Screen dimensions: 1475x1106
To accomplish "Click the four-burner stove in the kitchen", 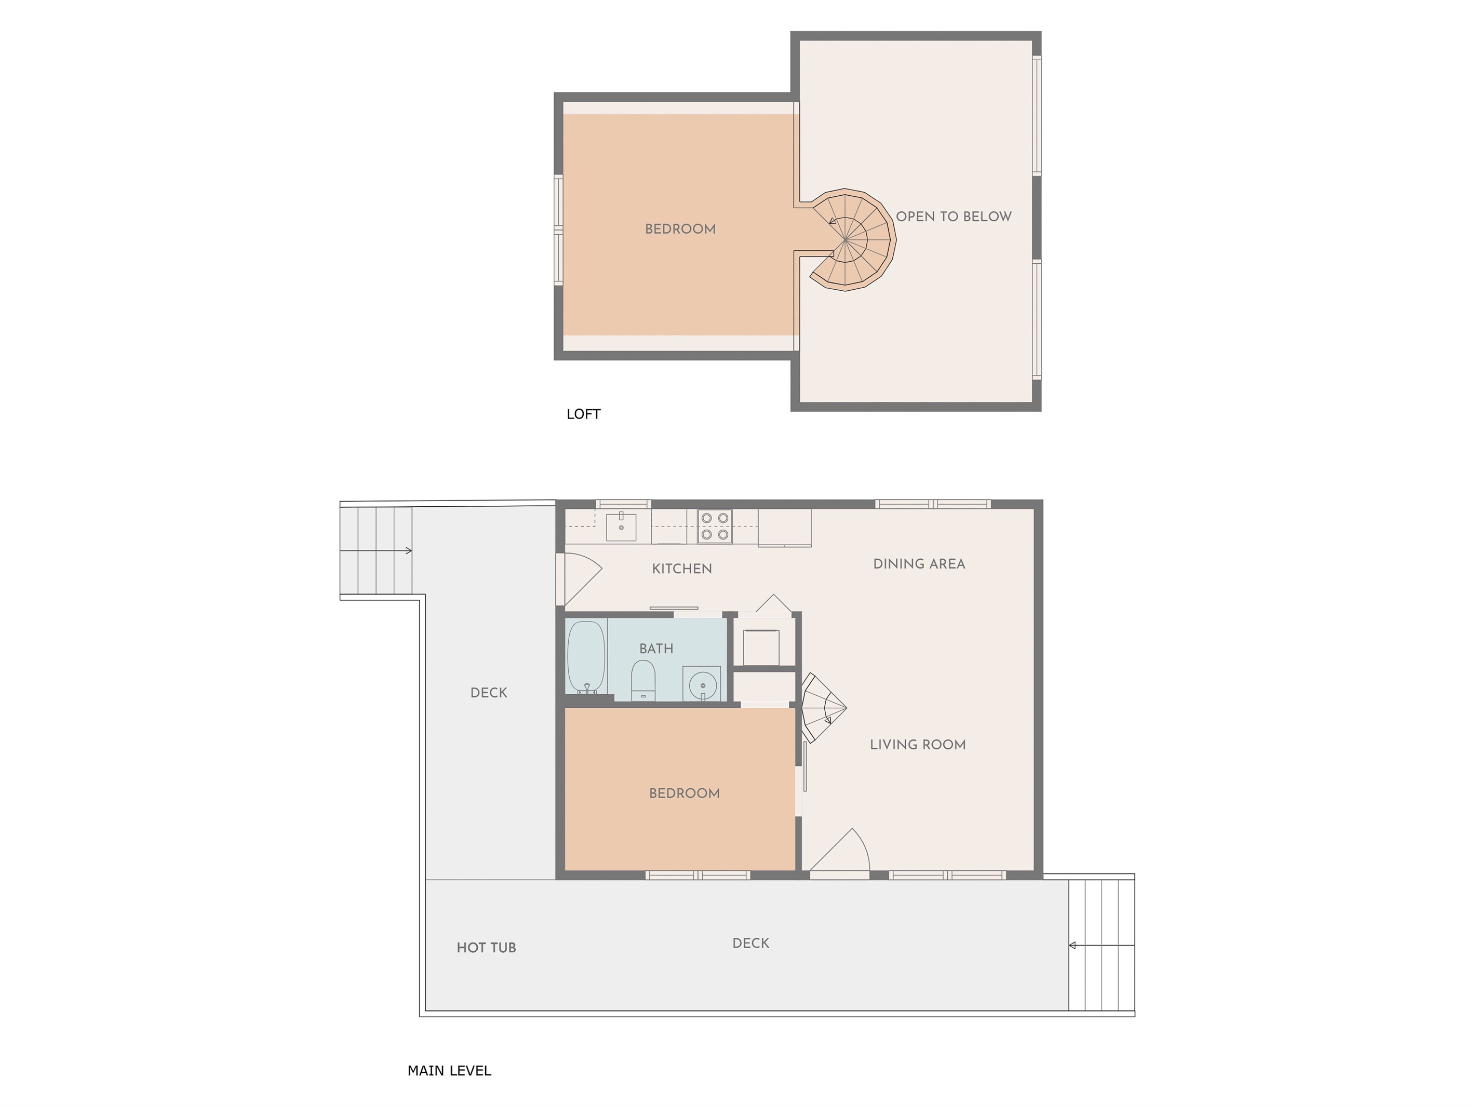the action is (x=715, y=526).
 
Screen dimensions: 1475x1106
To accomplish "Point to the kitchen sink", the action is (x=621, y=527).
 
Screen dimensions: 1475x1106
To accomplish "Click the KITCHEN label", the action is (x=681, y=569).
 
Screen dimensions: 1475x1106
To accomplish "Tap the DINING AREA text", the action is (x=919, y=564).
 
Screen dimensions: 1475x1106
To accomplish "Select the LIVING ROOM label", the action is (x=918, y=745).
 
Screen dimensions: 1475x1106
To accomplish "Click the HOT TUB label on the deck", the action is (x=486, y=947).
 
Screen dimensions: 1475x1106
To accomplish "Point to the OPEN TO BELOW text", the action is (x=954, y=217).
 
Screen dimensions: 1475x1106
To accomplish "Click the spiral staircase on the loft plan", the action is (x=851, y=239).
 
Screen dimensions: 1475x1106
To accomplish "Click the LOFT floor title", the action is (x=583, y=414).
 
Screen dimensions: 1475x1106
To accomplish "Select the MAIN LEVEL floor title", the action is (x=449, y=1071).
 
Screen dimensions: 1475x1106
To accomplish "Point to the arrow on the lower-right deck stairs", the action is (x=1101, y=946).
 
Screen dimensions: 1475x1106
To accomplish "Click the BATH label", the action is (x=656, y=649).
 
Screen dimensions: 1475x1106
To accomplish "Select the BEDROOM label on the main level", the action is (x=684, y=793).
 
